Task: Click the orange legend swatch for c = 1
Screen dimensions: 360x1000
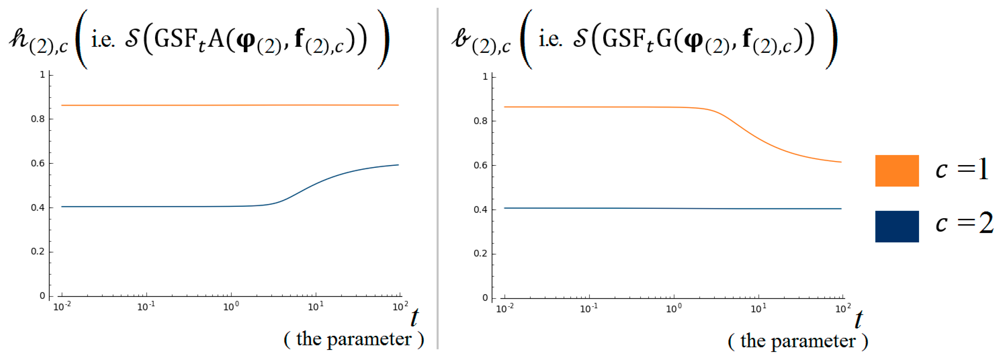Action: [x=897, y=171]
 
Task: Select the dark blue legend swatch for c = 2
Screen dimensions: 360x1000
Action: [x=897, y=226]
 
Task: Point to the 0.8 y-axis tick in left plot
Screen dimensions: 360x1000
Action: [x=38, y=119]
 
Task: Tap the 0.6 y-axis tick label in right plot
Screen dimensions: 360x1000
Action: [x=480, y=165]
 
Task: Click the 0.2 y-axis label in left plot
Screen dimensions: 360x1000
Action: [x=38, y=252]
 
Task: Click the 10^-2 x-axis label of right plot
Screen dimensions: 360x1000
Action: [x=505, y=309]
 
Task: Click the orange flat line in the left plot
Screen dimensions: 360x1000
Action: [x=229, y=105]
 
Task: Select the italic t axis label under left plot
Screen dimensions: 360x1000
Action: [x=414, y=318]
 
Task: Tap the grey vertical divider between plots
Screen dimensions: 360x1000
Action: [x=438, y=179]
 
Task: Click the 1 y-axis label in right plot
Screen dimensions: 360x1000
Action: [x=485, y=76]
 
